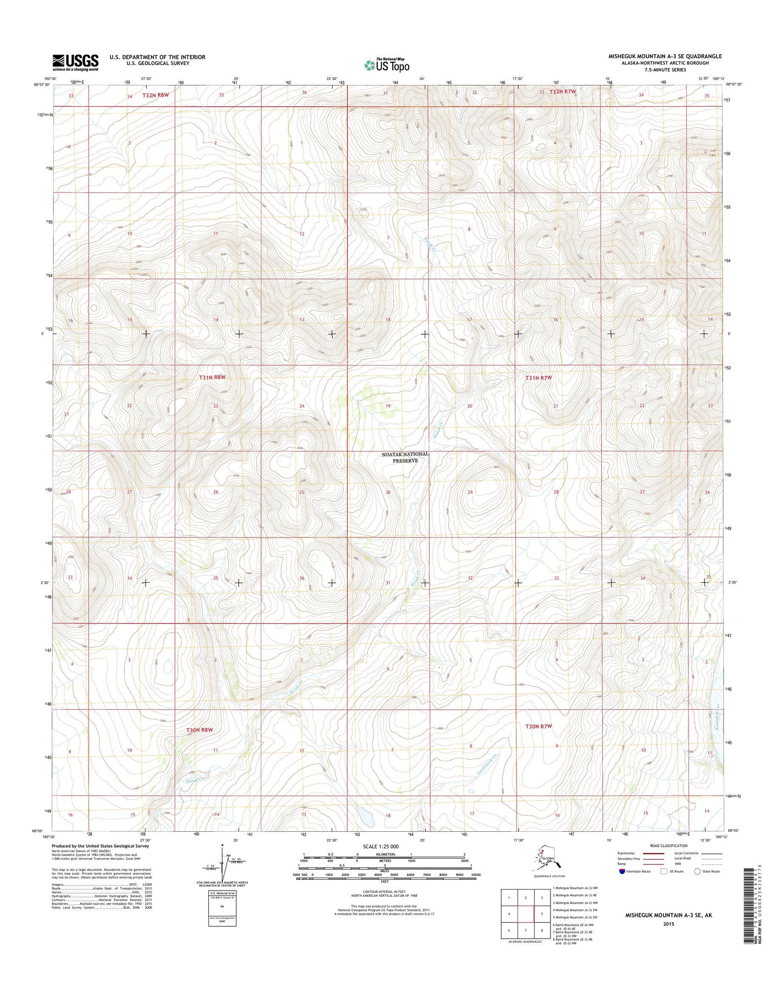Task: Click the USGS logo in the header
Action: [x=75, y=62]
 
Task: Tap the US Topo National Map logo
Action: [x=387, y=64]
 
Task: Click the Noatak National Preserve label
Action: [x=405, y=457]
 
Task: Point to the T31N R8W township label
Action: [x=213, y=377]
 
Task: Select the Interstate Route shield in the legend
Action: [x=622, y=871]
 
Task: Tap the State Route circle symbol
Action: [x=697, y=871]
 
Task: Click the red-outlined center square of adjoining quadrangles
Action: [x=525, y=915]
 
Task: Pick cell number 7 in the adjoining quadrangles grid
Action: [x=525, y=931]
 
